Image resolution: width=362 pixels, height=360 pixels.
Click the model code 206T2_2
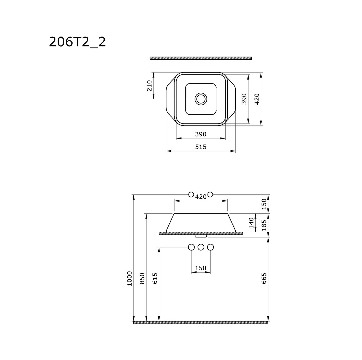(77, 42)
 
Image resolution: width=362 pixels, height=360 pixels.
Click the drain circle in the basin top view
(201, 99)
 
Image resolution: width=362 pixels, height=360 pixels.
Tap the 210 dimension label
(150, 85)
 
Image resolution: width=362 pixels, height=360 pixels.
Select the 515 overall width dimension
(201, 147)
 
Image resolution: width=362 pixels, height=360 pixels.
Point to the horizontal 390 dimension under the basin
(201, 134)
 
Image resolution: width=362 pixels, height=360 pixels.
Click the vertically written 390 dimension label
(245, 99)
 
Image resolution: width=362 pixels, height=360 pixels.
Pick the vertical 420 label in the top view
(257, 99)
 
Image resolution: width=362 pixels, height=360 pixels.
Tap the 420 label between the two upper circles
(201, 197)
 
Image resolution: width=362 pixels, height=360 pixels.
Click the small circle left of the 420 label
(191, 194)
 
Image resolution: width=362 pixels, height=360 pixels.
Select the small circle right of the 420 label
(210, 194)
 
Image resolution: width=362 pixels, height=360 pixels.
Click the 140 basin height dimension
(251, 223)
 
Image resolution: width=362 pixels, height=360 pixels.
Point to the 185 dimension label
(264, 225)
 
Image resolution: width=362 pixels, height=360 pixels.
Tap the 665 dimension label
(264, 278)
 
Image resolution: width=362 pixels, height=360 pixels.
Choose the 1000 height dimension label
(130, 278)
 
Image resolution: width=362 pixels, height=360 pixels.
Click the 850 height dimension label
(142, 278)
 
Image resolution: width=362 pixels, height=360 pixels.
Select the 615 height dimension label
(155, 278)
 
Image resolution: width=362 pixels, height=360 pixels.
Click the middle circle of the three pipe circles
(201, 247)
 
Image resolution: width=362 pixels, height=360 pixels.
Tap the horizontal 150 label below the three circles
(201, 268)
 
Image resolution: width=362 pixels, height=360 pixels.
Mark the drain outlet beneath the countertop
(201, 235)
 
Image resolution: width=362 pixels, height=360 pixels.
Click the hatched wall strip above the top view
(201, 58)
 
